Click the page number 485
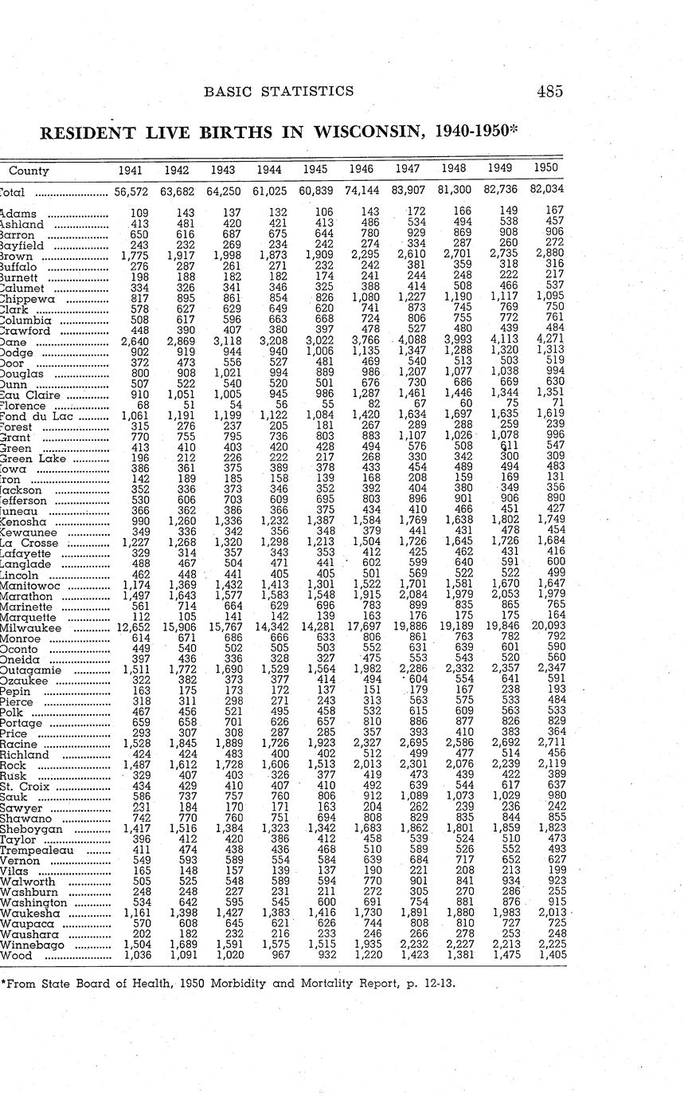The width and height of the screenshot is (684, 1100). point(549,92)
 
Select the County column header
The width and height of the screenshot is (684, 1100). point(29,171)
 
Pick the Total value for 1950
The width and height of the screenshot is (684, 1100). point(545,192)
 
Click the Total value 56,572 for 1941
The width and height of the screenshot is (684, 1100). point(131,192)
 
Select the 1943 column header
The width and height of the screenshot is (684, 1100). point(223,170)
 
